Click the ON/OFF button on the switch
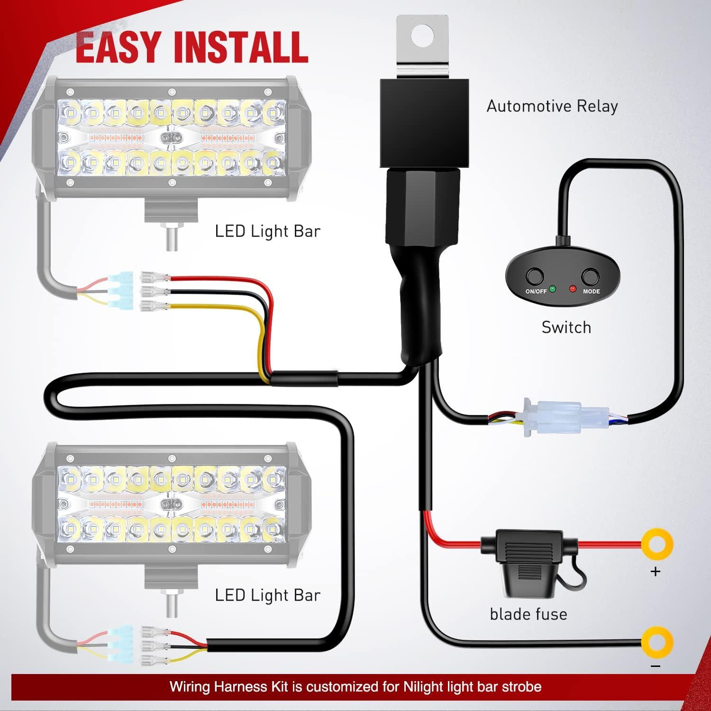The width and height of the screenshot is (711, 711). [x=535, y=276]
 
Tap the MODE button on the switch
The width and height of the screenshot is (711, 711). [x=591, y=276]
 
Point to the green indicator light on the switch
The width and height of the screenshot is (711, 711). [x=553, y=289]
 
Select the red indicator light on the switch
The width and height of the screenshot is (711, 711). [x=573, y=289]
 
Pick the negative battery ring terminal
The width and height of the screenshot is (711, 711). [x=657, y=643]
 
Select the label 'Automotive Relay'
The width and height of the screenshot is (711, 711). [x=552, y=106]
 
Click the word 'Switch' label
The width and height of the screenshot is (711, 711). [x=566, y=328]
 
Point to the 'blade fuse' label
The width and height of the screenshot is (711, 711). [x=529, y=614]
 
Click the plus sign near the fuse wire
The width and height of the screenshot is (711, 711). [x=656, y=572]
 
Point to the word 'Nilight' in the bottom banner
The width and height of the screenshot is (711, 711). [x=425, y=686]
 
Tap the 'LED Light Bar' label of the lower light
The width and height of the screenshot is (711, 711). [x=268, y=595]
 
